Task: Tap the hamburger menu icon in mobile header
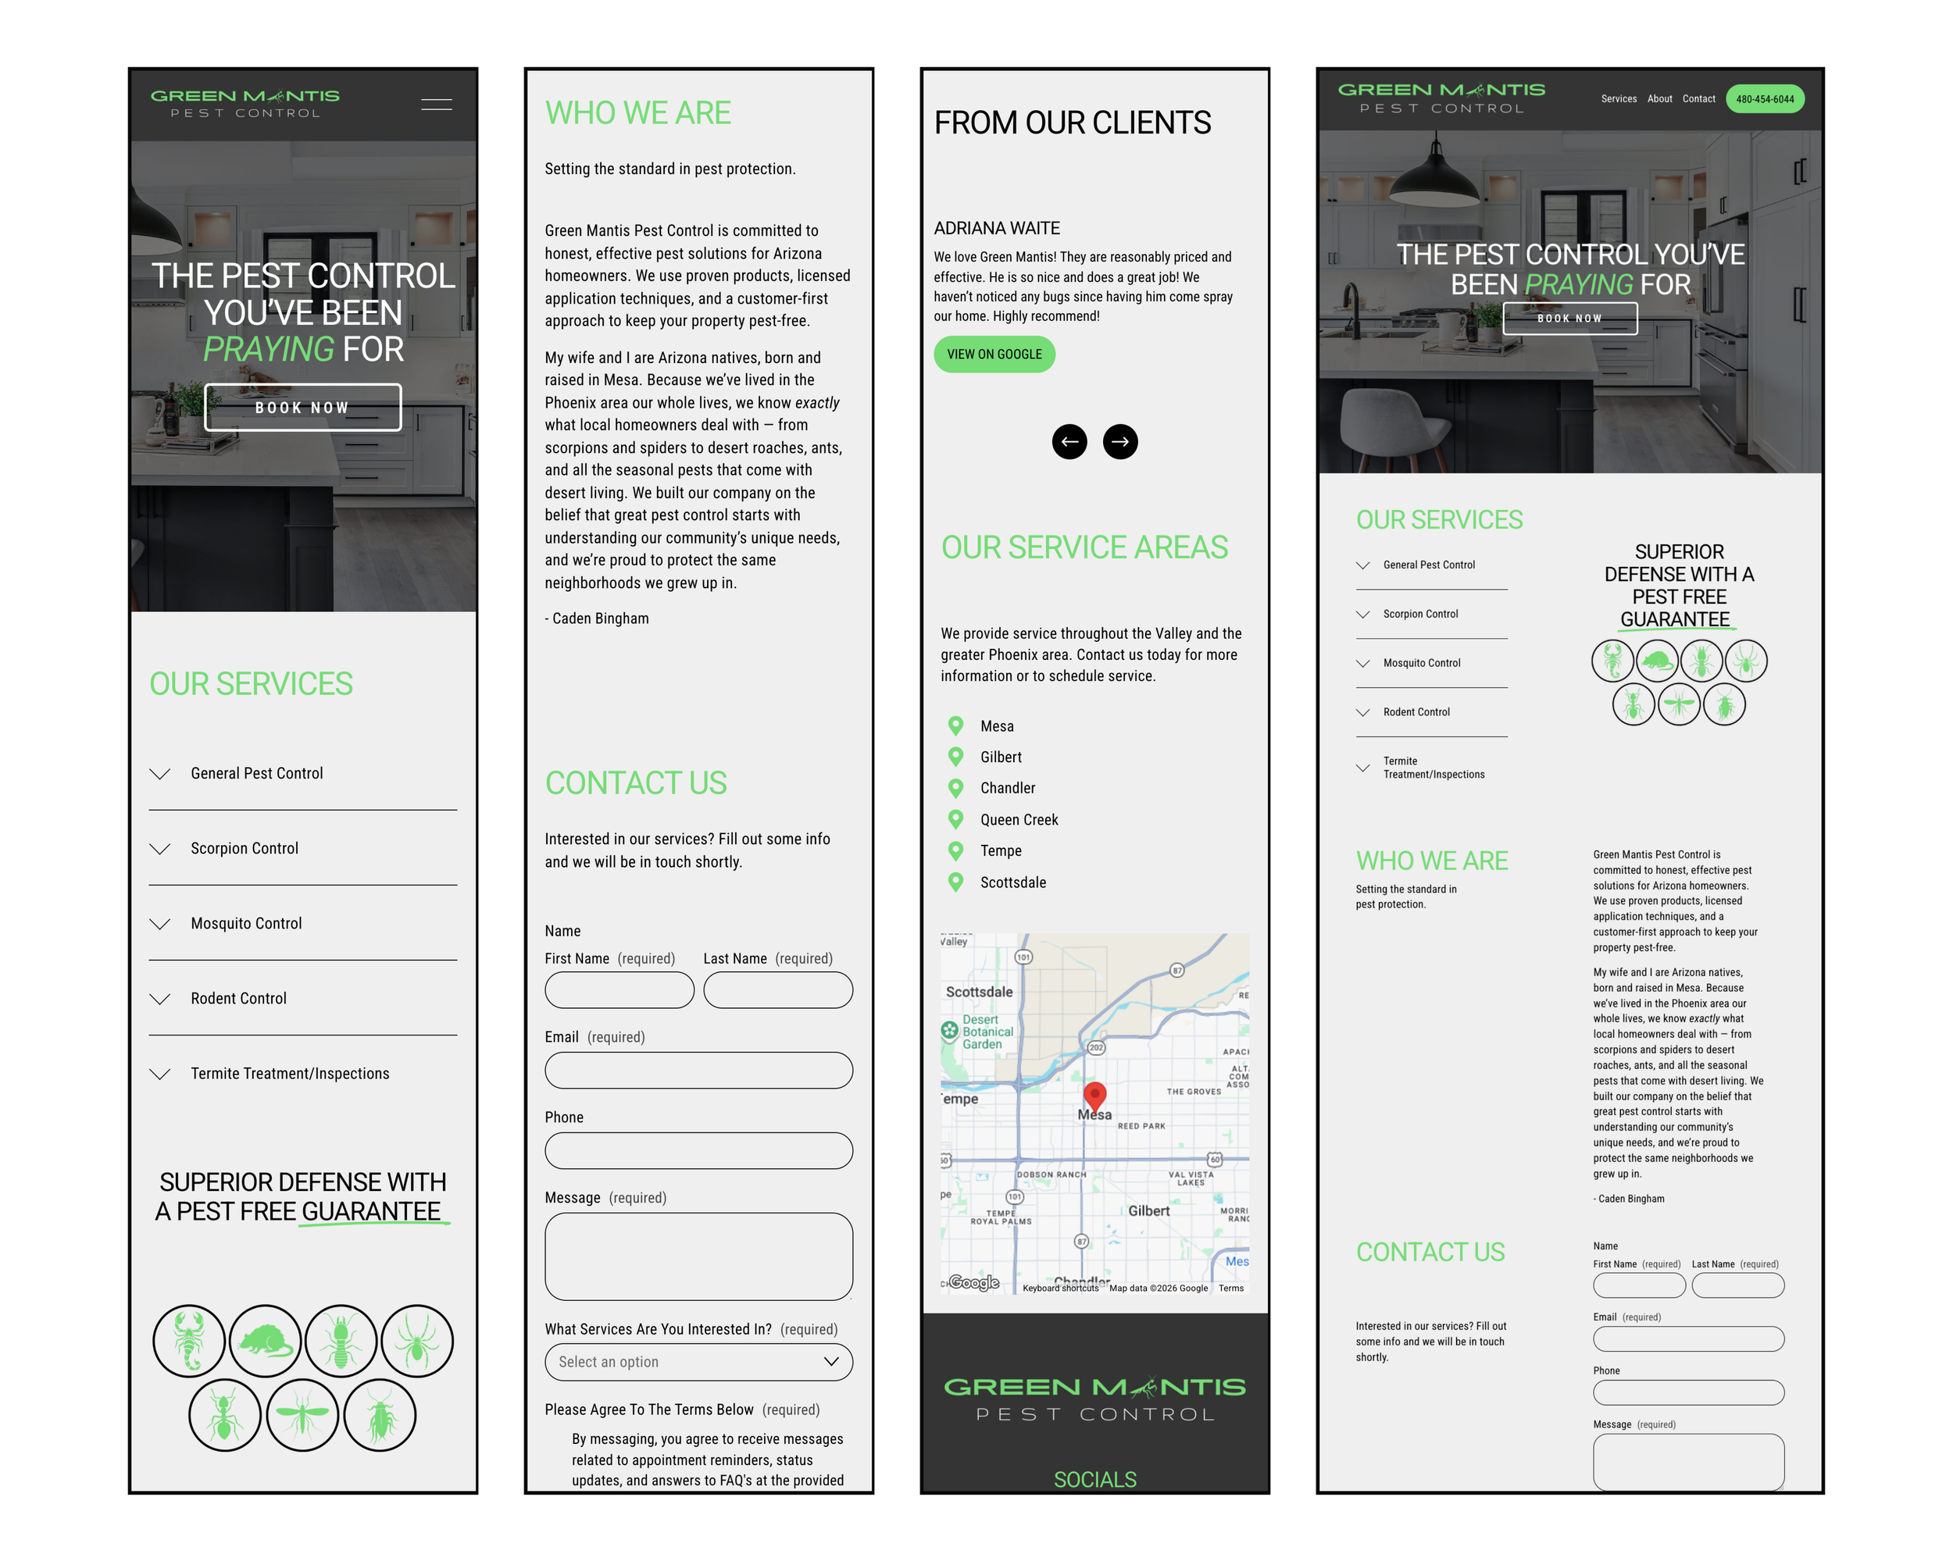tap(437, 104)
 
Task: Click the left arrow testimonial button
tap(1069, 442)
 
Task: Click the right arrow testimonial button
tap(1119, 442)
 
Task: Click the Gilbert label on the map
tap(1148, 1210)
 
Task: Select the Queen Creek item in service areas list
tap(1018, 819)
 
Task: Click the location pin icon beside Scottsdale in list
tap(955, 882)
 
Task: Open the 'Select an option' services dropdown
tap(698, 1362)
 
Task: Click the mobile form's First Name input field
tap(619, 989)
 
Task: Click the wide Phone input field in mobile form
tap(698, 1151)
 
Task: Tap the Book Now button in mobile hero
tap(302, 408)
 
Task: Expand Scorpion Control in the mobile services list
tap(244, 848)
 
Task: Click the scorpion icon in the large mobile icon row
tap(188, 1340)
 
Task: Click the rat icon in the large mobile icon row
tap(265, 1340)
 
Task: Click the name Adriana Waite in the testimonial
tap(997, 228)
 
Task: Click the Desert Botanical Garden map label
tap(987, 1032)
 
